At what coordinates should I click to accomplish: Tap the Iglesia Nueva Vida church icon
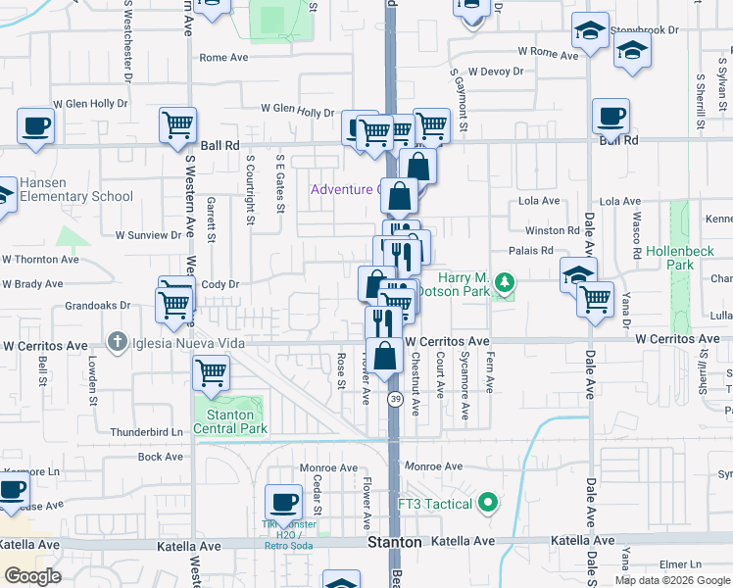[x=118, y=342]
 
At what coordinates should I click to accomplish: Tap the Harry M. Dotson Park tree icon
[x=505, y=283]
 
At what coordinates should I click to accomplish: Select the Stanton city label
[x=394, y=542]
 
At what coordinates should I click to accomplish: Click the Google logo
[x=31, y=576]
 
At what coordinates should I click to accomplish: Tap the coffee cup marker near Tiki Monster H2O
[x=283, y=502]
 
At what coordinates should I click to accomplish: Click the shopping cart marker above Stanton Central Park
[x=212, y=371]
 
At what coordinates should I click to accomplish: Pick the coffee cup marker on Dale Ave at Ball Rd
[x=611, y=117]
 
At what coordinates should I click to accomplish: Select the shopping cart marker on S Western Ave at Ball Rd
[x=177, y=124]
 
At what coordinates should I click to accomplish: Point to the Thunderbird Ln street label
[x=147, y=431]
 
